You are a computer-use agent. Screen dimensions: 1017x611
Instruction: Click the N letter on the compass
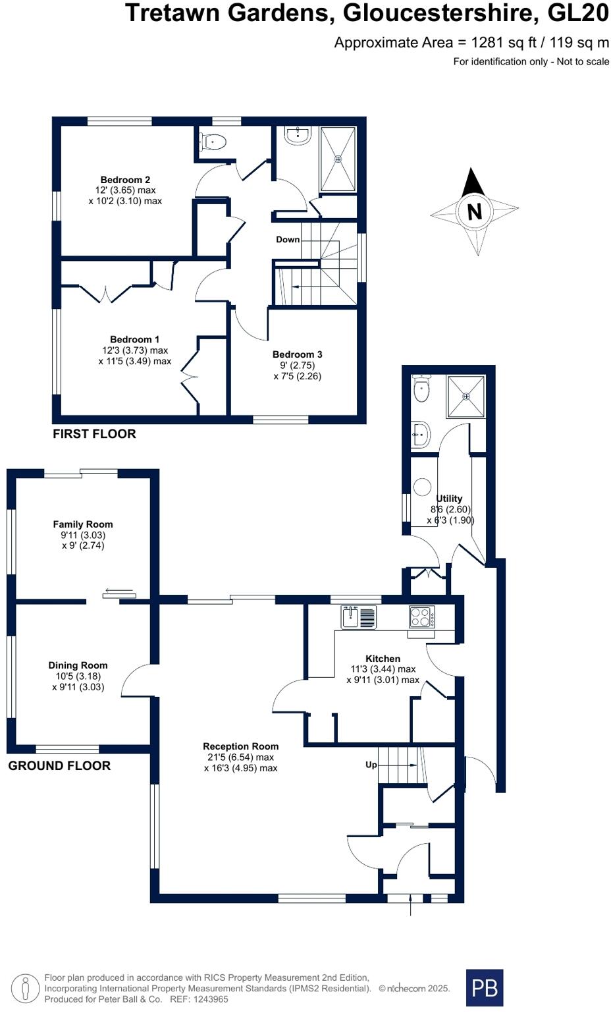pyautogui.click(x=474, y=211)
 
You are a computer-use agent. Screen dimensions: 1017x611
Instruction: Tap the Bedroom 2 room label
pyautogui.click(x=125, y=180)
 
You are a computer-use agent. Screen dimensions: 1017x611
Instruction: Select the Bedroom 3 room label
pyautogui.click(x=297, y=354)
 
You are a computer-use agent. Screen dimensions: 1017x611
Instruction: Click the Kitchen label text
pyautogui.click(x=383, y=659)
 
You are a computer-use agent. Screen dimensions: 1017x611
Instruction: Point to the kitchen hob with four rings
pyautogui.click(x=422, y=617)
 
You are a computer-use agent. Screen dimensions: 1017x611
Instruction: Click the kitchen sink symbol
pyautogui.click(x=358, y=617)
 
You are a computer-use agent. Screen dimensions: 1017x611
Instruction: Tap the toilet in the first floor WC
pyautogui.click(x=213, y=142)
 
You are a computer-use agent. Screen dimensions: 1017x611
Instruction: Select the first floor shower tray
pyautogui.click(x=338, y=159)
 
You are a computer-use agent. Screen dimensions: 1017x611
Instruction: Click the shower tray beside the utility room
pyautogui.click(x=466, y=396)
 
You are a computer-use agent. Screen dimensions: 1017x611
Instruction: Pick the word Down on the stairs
pyautogui.click(x=288, y=240)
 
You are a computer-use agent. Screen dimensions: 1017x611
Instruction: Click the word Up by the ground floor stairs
pyautogui.click(x=371, y=765)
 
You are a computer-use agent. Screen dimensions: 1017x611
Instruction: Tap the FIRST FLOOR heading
pyautogui.click(x=94, y=434)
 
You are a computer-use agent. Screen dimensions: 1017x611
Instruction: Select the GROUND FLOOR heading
pyautogui.click(x=59, y=766)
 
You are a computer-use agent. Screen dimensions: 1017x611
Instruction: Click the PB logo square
pyautogui.click(x=484, y=987)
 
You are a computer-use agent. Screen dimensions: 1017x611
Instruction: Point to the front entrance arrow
pyautogui.click(x=411, y=906)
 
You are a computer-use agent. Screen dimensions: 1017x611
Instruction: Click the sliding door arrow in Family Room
pyautogui.click(x=119, y=590)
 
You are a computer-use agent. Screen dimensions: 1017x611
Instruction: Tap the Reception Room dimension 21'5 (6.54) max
pyautogui.click(x=240, y=757)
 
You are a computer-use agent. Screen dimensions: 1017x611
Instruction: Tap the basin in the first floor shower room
pyautogui.click(x=297, y=135)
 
